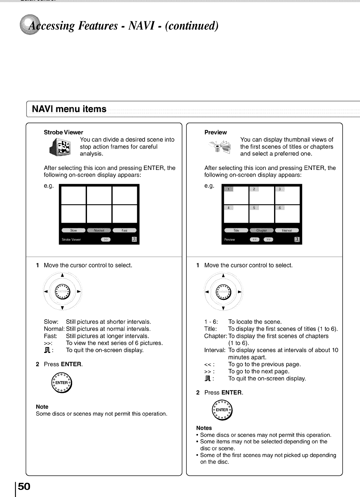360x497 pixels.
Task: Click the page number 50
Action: pos(24,486)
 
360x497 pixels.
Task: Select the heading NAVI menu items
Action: pos(69,109)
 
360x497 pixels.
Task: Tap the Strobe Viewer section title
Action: pos(63,132)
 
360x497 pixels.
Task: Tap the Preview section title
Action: pos(215,132)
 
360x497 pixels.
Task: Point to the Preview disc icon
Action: pos(221,147)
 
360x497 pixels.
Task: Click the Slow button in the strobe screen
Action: pos(73,230)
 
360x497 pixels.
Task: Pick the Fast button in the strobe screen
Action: pos(124,230)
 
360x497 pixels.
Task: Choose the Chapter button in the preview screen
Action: pos(262,230)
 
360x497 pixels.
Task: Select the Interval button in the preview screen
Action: pos(287,230)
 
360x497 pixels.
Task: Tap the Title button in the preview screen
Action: pos(236,230)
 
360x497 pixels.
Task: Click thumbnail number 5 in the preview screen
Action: pos(262,214)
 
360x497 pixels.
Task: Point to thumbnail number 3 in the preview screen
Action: pos(287,194)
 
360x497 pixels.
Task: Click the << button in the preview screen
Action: pos(254,240)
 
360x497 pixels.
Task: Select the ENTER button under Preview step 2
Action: pos(222,410)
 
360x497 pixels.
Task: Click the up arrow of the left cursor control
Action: pos(62,275)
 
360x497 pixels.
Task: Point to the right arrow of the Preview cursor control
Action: pos(239,292)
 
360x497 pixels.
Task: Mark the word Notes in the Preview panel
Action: pos(204,428)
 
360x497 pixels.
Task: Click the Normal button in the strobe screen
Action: pos(99,230)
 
